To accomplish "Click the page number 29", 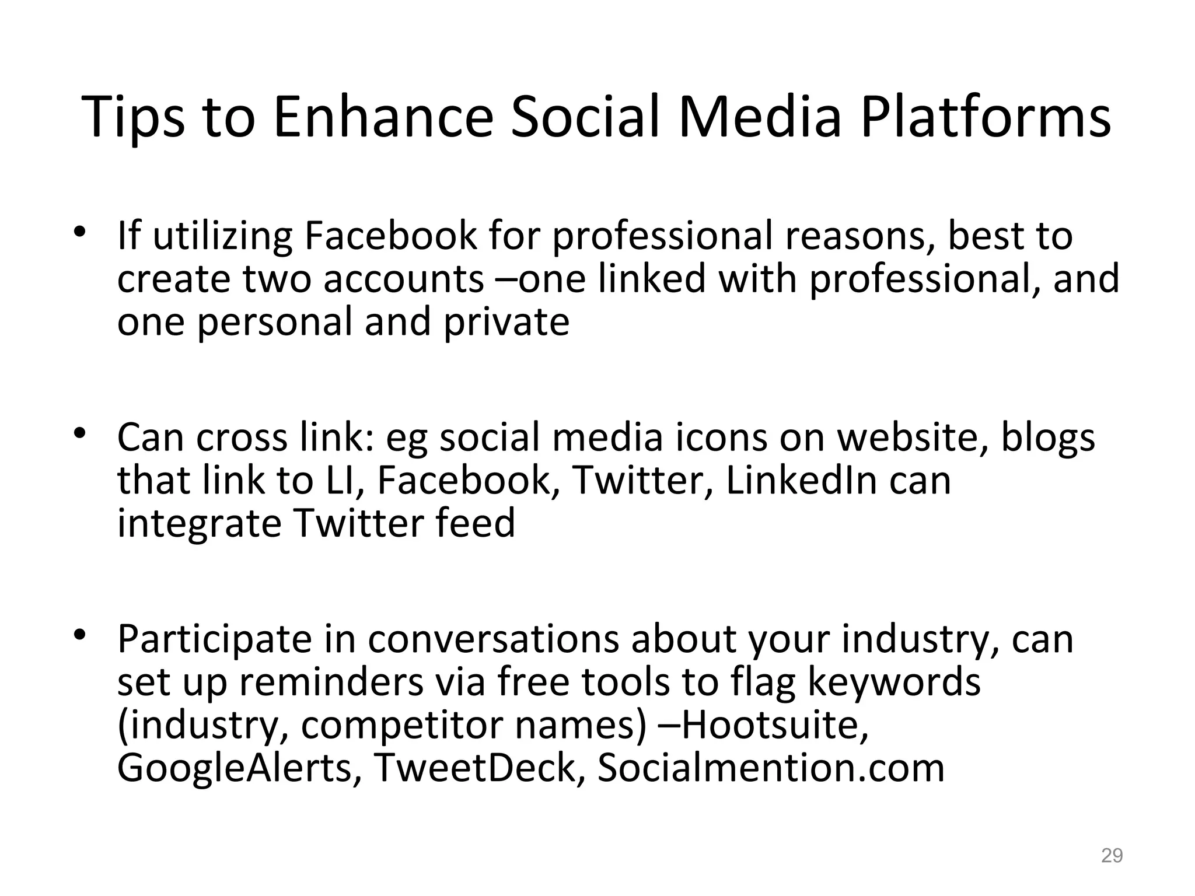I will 1112,856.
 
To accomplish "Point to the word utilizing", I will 222,236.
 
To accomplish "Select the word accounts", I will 403,279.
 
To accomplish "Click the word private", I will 506,322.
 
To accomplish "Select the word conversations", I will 493,639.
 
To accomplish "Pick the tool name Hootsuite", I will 774,724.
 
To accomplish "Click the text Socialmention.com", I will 771,767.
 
